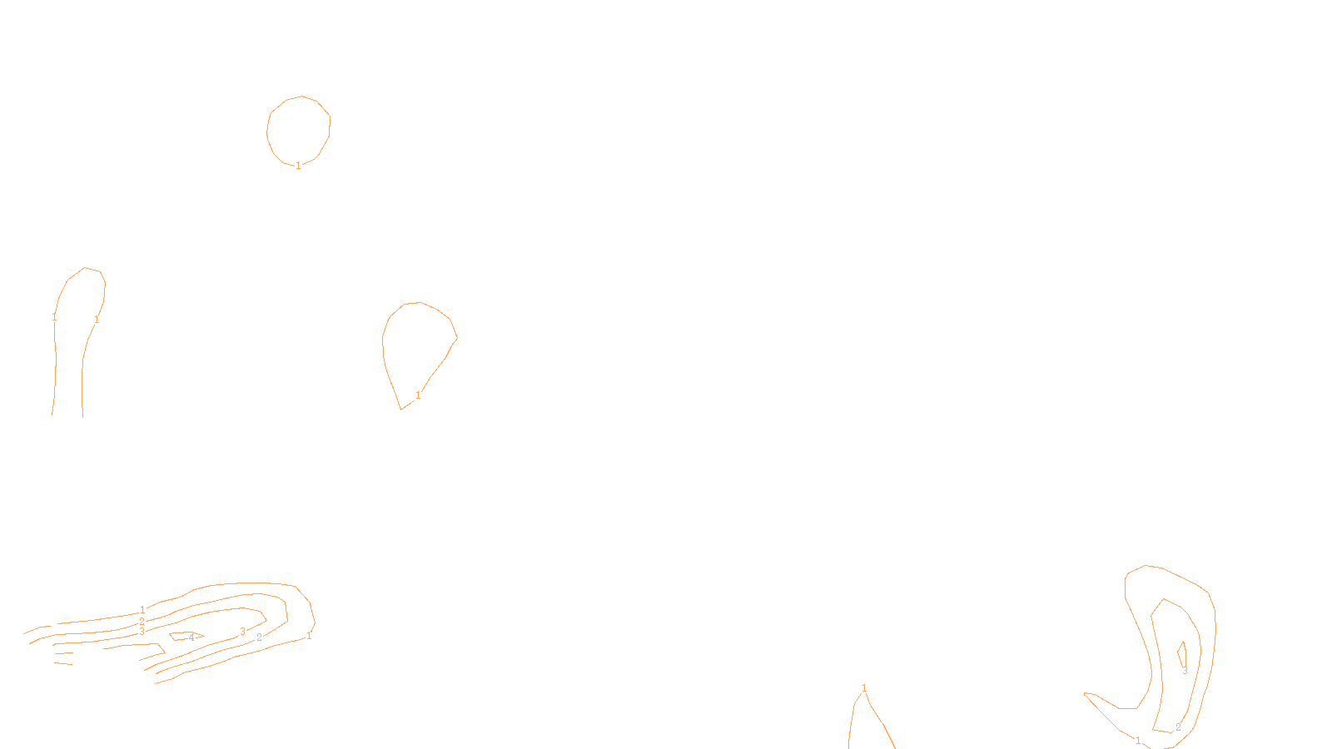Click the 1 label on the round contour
pos(298,166)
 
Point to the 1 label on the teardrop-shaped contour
pos(418,395)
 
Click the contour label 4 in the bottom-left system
pos(191,637)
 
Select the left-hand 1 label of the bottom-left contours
pos(142,610)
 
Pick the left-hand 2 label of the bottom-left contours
pos(142,621)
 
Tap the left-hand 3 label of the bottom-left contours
pos(142,632)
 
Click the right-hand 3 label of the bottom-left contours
pos(242,632)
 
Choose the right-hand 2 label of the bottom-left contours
pos(259,637)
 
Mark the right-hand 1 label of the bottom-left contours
pos(309,636)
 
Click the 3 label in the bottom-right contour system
pos(1185,671)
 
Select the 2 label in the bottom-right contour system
pos(1178,727)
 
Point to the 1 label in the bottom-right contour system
pos(1138,741)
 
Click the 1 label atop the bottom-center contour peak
pos(864,687)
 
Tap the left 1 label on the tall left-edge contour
pos(54,317)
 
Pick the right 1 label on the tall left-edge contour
pos(97,319)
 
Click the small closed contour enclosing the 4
pos(174,637)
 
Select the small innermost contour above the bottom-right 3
pos(1181,652)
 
